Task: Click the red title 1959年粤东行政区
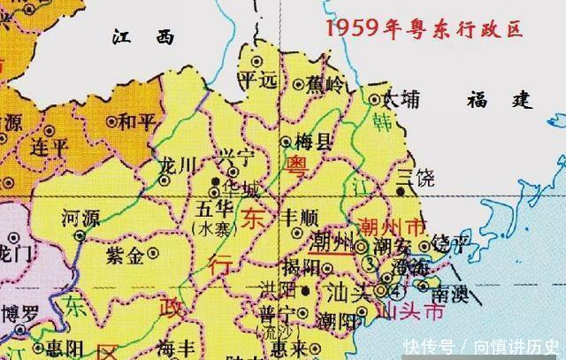click(x=424, y=27)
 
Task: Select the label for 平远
click(x=257, y=80)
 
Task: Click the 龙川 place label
click(x=172, y=164)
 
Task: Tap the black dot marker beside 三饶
click(x=402, y=190)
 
